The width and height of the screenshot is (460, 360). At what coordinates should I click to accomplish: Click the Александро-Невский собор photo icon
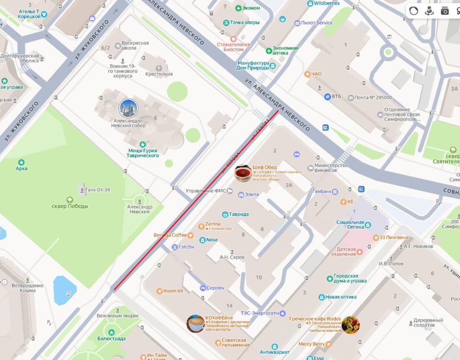coord(128,108)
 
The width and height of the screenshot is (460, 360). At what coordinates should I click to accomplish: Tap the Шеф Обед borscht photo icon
coord(243,173)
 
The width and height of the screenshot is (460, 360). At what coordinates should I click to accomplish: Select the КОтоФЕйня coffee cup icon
coord(195,323)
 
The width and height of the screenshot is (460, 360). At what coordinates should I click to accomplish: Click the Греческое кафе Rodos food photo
coord(350,324)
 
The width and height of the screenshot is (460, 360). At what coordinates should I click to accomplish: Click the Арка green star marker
coord(21,162)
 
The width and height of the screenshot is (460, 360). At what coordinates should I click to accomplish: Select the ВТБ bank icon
coord(327,97)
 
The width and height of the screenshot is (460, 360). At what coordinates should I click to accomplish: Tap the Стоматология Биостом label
coord(233,47)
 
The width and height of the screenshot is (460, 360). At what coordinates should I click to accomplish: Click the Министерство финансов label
coord(331,169)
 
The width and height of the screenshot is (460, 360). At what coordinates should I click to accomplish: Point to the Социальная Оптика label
coord(350,225)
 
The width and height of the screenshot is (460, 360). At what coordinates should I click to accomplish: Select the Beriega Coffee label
coord(170,235)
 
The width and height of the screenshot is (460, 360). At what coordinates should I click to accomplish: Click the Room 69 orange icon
coord(159,291)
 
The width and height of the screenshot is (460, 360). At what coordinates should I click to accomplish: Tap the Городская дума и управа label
coord(350,279)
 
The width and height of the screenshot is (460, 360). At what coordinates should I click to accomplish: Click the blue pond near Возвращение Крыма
coord(65,290)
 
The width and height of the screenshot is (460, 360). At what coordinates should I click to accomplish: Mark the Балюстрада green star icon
coord(111,332)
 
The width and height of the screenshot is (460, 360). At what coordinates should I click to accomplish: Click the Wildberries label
coord(326,3)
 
